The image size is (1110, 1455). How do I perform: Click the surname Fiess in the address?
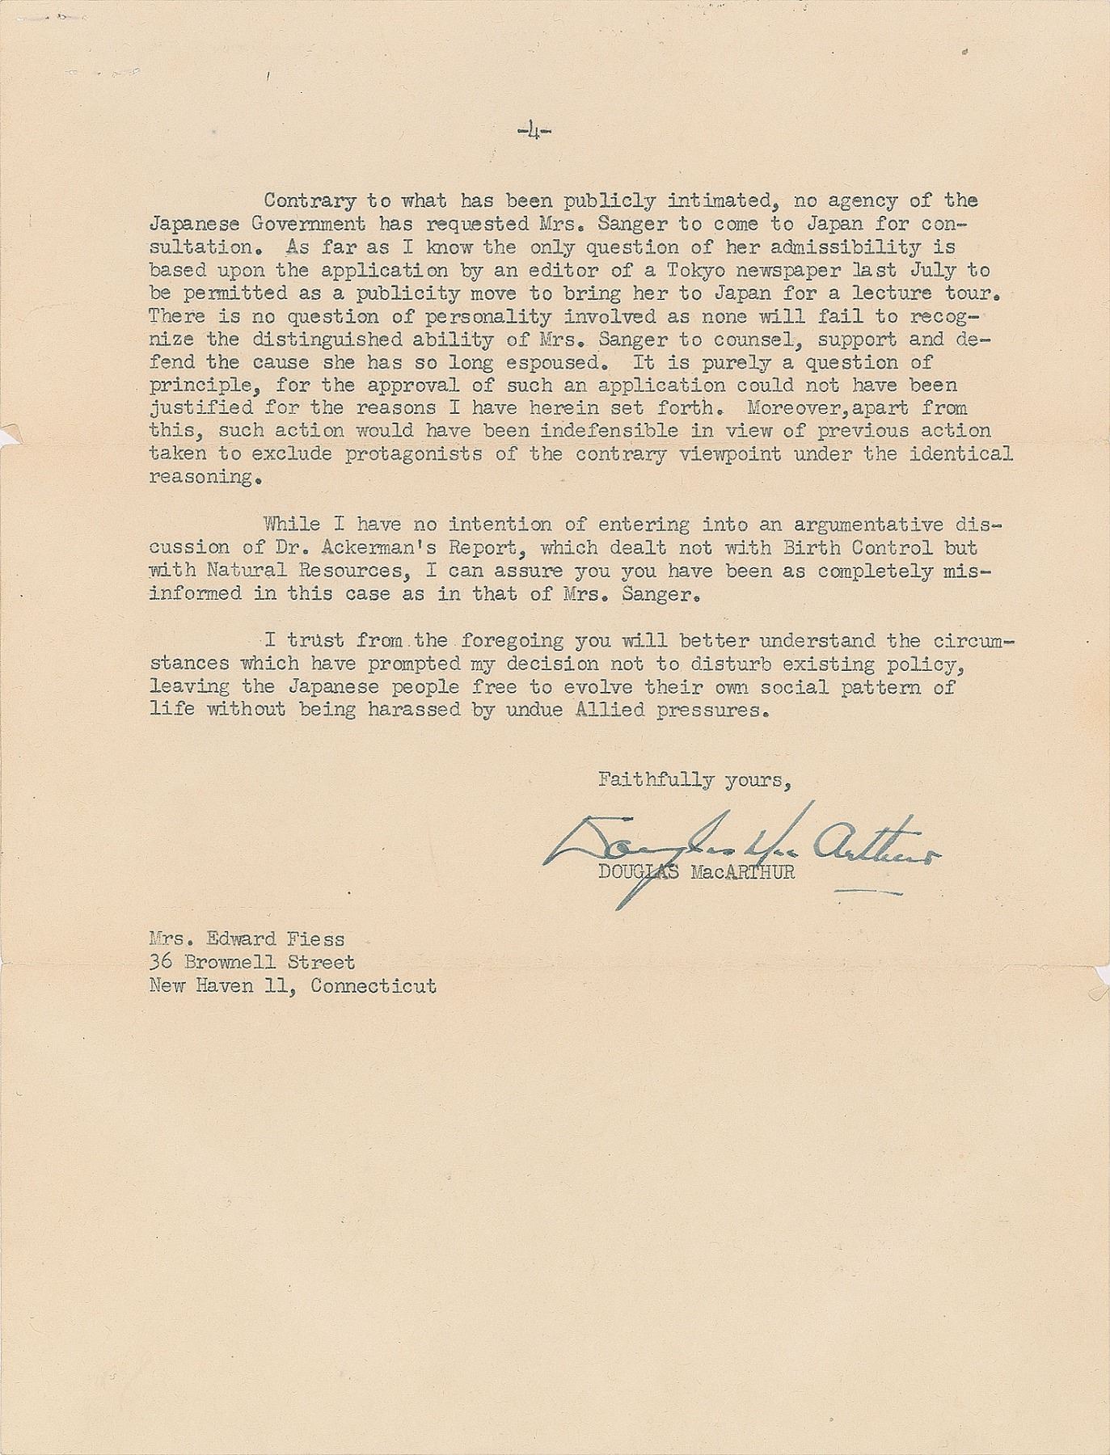(316, 939)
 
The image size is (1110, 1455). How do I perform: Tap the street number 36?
(161, 963)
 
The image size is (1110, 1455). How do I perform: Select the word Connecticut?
(374, 986)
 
